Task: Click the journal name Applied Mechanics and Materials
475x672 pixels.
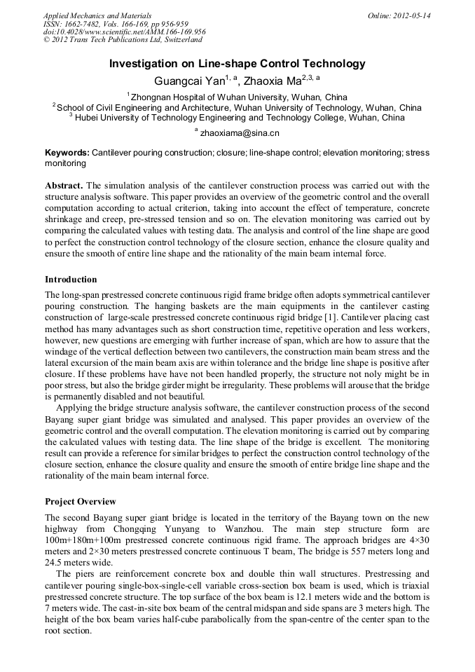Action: coord(97,15)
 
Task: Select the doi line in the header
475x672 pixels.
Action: coord(125,32)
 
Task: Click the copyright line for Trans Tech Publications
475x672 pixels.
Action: coord(123,40)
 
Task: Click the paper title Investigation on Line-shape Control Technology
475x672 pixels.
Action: coord(237,64)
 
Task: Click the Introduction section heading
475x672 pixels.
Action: coord(71,280)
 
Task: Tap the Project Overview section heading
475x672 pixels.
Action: coord(81,502)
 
